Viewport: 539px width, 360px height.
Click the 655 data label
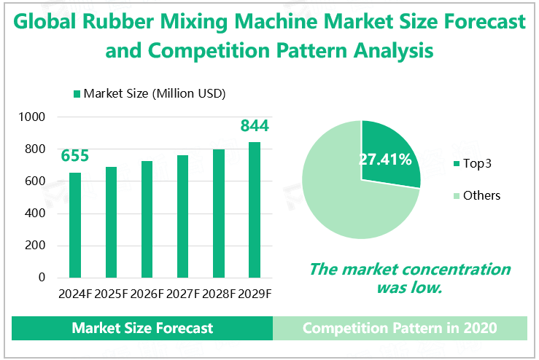[x=75, y=156]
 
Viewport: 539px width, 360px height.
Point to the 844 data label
[x=255, y=126]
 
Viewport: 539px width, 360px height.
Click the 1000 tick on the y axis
[x=32, y=117]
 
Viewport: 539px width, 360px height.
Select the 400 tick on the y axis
[x=36, y=214]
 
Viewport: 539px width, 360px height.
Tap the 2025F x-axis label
[x=111, y=294]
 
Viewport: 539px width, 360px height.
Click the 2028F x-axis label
[x=219, y=294]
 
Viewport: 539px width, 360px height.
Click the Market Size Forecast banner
[x=142, y=328]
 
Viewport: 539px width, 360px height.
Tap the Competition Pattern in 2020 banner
[x=400, y=328]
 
